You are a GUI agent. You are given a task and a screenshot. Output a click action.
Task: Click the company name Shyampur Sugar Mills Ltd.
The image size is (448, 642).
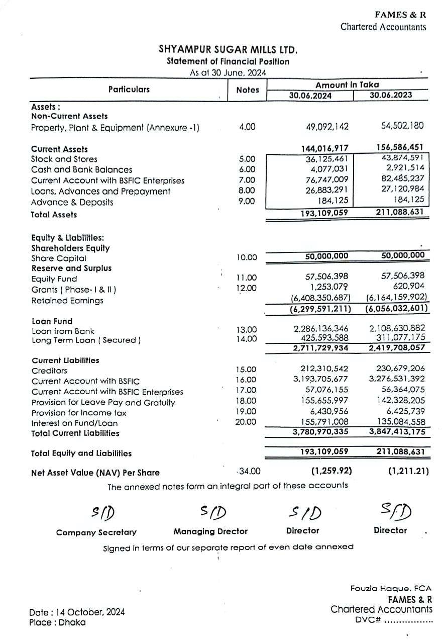pyautogui.click(x=228, y=50)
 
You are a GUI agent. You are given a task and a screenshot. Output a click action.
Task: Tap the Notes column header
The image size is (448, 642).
pyautogui.click(x=247, y=90)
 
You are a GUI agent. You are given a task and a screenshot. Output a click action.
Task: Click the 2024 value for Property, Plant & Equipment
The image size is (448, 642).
pyautogui.click(x=327, y=127)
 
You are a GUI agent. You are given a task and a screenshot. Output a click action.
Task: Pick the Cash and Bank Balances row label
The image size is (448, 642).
pyautogui.click(x=81, y=170)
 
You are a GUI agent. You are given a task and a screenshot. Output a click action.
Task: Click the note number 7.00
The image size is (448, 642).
pyautogui.click(x=247, y=180)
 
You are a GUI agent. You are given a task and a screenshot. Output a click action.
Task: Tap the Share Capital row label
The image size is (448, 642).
pyautogui.click(x=58, y=258)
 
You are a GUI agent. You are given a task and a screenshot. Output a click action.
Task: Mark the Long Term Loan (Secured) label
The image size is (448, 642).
pyautogui.click(x=86, y=340)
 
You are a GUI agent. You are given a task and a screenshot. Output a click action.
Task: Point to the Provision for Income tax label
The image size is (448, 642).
pyautogui.click(x=79, y=413)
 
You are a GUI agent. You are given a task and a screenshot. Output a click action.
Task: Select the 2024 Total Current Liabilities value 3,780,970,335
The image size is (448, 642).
pyautogui.click(x=320, y=432)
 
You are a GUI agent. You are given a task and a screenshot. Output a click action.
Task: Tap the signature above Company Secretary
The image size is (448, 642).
pyautogui.click(x=103, y=512)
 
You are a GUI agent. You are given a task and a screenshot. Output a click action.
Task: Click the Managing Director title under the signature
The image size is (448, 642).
pyautogui.click(x=210, y=531)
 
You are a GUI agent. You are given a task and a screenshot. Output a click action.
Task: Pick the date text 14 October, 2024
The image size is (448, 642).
pyautogui.click(x=88, y=612)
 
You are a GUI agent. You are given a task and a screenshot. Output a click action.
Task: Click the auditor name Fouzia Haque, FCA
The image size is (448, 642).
pyautogui.click(x=391, y=588)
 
